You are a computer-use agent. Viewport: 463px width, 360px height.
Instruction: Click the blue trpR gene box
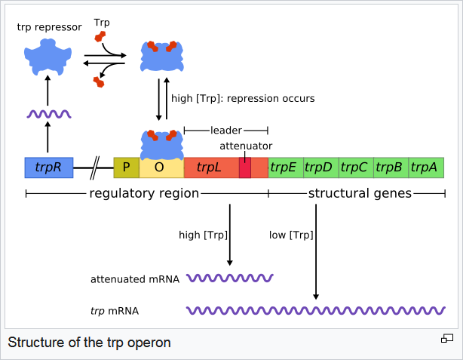pyautogui.click(x=49, y=168)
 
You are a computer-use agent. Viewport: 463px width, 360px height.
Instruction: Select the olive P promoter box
pyautogui.click(x=127, y=168)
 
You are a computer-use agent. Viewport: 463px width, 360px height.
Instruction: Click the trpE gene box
pyautogui.click(x=286, y=168)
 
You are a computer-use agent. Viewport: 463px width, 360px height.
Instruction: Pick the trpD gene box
pyautogui.click(x=321, y=168)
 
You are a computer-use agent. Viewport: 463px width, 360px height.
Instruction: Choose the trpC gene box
pyautogui.click(x=357, y=168)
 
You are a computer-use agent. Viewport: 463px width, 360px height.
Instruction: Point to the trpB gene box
pyautogui.click(x=391, y=168)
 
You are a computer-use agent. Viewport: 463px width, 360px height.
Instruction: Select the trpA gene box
pyautogui.click(x=426, y=168)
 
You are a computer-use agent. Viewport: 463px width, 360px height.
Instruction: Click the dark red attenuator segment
pyautogui.click(x=245, y=168)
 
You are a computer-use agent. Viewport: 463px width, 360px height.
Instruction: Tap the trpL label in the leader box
pyautogui.click(x=209, y=168)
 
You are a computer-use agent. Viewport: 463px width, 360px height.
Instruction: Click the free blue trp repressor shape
pyautogui.click(x=48, y=57)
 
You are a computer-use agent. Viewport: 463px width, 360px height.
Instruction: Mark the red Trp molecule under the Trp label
pyautogui.click(x=100, y=37)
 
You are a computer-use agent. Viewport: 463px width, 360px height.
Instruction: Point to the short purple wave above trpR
pyautogui.click(x=49, y=114)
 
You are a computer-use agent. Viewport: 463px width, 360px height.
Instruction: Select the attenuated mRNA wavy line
pyautogui.click(x=230, y=278)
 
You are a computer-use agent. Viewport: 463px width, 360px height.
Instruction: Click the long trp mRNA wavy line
pyautogui.click(x=316, y=310)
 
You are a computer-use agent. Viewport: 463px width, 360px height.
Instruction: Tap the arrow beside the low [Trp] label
pyautogui.click(x=316, y=251)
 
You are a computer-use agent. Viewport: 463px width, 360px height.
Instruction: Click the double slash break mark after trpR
pyautogui.click(x=94, y=168)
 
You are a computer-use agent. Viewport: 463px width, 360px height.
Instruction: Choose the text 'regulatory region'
pyautogui.click(x=144, y=193)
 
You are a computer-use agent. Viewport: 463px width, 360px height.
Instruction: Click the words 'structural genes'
pyautogui.click(x=360, y=193)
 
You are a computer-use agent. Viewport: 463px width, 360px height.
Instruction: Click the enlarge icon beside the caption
pyautogui.click(x=447, y=338)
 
